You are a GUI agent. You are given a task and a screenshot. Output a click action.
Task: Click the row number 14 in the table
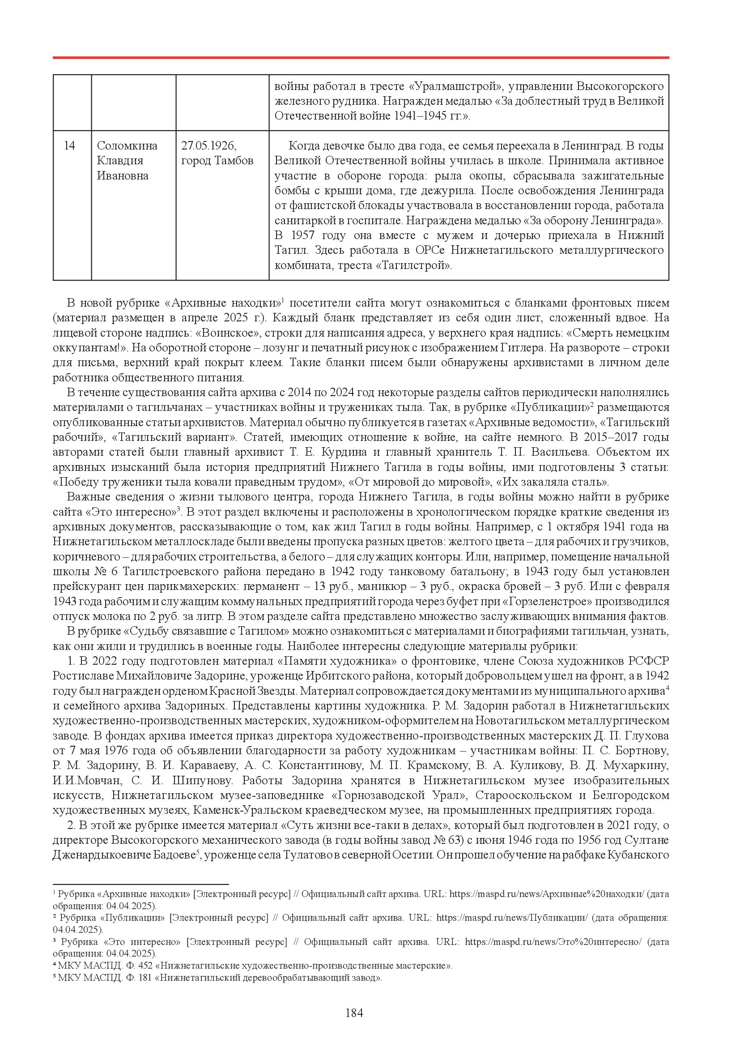click(x=69, y=146)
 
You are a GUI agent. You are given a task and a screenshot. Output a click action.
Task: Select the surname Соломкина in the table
click(x=127, y=146)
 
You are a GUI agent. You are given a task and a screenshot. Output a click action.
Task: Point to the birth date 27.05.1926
click(x=208, y=146)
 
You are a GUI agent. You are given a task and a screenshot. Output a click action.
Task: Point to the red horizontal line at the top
click(x=361, y=58)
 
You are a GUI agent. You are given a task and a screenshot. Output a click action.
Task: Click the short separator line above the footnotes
click(x=140, y=884)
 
